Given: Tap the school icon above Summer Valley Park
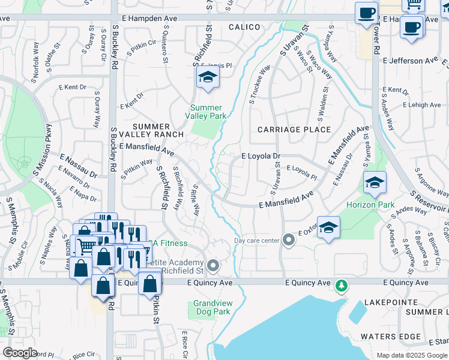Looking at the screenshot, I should [x=207, y=77].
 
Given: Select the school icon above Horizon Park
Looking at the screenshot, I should [x=375, y=182].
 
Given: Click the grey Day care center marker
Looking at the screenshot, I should [x=289, y=241].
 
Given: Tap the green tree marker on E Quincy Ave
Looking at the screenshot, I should [x=342, y=285].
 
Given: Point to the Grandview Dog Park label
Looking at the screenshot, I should [x=212, y=308].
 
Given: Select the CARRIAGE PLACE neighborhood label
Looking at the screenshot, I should [x=294, y=130].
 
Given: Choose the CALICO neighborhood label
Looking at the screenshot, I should [x=244, y=27].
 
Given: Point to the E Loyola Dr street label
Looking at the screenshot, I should [x=261, y=156].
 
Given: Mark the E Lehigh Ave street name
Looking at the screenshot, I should [x=421, y=105].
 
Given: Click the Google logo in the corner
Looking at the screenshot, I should [x=20, y=353].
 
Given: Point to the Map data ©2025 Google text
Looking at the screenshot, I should [x=412, y=355].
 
